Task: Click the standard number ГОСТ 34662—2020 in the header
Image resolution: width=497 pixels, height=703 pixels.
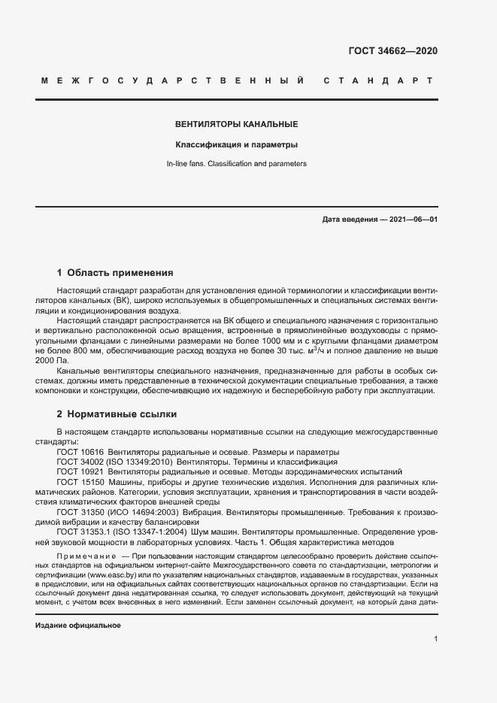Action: click(393, 51)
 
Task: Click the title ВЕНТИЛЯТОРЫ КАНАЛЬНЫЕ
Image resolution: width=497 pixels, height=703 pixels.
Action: click(237, 124)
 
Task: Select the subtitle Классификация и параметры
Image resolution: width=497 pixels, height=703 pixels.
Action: click(237, 144)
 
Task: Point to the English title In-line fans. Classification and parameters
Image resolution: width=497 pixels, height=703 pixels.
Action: click(237, 163)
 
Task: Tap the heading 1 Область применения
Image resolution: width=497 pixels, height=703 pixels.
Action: click(115, 272)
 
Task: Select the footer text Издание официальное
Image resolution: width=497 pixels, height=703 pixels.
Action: click(78, 626)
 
